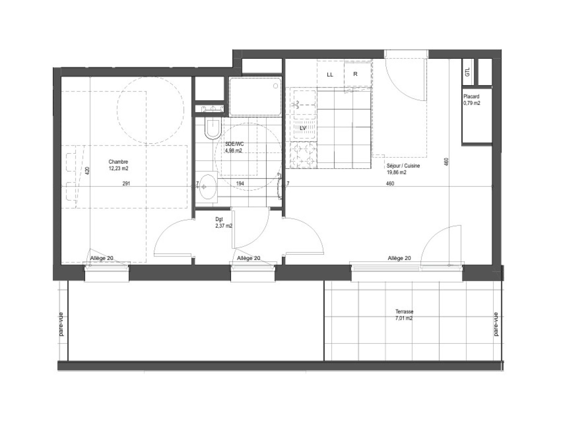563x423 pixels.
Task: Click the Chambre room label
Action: coord(118,162)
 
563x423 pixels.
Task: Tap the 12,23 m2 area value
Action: coord(118,169)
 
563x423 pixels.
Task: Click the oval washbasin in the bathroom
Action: coord(208,187)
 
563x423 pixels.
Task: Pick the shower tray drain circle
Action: coord(276,86)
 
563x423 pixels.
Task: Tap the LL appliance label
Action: coord(330,75)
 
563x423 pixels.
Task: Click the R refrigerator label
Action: coord(355,74)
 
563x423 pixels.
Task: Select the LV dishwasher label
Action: coord(303,128)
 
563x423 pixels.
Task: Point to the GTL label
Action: coord(467,72)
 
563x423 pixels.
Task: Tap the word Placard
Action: coord(472,97)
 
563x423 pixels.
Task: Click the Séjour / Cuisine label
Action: coord(403,166)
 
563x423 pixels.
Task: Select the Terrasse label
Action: coord(404,312)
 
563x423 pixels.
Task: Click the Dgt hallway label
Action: coord(219,219)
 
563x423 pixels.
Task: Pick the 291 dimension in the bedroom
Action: coord(126,183)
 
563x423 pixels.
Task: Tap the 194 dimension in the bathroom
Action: coord(240,183)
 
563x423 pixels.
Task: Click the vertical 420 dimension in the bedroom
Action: coord(87,171)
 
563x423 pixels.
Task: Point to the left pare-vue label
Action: coord(61,324)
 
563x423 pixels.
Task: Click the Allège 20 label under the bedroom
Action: coord(102,258)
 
